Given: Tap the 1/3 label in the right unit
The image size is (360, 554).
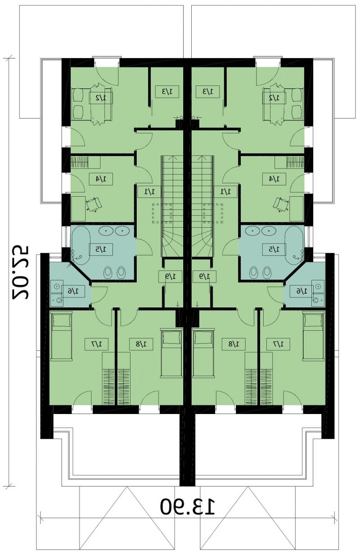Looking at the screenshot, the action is (x=208, y=91).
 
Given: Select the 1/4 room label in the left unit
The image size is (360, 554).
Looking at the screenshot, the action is (x=101, y=179).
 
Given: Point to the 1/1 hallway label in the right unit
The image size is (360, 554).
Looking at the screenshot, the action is (x=225, y=191).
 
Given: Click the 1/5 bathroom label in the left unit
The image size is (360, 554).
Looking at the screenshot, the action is (x=101, y=249).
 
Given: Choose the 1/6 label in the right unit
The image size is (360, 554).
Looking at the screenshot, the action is (x=301, y=291).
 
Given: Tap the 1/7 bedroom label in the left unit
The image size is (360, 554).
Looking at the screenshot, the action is (x=96, y=344).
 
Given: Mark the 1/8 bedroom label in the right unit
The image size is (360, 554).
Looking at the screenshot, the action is (x=234, y=344).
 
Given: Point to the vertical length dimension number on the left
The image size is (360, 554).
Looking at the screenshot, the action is (x=21, y=273).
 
